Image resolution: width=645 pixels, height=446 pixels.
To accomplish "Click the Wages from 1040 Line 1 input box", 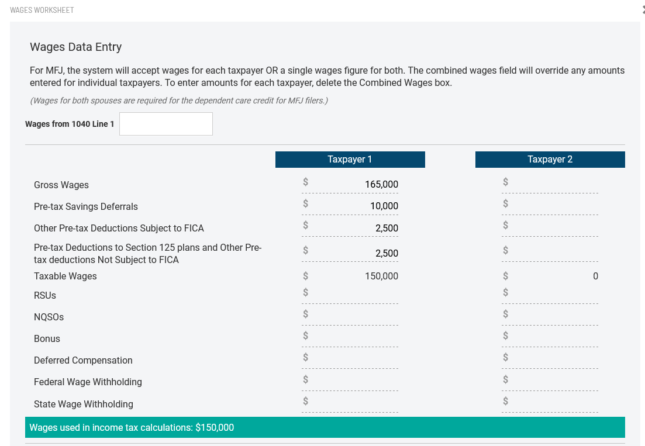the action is coord(166,124).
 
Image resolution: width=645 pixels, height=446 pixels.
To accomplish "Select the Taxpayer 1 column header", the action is coord(350,160).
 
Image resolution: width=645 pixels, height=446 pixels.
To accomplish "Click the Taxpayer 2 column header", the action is coord(550,160).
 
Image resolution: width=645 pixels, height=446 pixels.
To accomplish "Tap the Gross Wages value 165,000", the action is coord(381,185).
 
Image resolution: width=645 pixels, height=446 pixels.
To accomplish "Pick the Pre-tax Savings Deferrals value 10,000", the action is coord(384,206).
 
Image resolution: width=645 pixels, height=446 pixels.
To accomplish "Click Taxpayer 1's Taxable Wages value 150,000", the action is coord(381,276).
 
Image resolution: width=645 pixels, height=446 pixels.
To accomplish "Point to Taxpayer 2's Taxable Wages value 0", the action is coord(595,276).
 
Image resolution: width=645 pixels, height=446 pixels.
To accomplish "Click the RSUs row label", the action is coord(45,296).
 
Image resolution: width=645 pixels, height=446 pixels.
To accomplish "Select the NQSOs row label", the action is coord(49,317).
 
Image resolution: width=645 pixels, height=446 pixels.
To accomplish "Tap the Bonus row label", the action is coord(47,339).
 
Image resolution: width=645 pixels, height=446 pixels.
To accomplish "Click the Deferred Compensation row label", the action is coord(83,361).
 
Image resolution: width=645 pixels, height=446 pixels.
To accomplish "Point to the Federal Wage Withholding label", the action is coord(88,382).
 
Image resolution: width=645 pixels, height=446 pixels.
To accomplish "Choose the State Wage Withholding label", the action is coord(84,404).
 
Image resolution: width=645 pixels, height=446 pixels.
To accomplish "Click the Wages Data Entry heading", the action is coord(75,47).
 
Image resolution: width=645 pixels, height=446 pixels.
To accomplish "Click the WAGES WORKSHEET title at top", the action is coord(42,11).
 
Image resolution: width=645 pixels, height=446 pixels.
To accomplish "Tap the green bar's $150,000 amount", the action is coord(215,428).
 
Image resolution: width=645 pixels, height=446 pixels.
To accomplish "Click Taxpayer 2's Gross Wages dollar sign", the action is coord(506,182).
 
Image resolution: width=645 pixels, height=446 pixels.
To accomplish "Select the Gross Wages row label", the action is coord(61,185).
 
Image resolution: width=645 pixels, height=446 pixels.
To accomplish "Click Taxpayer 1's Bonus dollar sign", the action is coord(305,336).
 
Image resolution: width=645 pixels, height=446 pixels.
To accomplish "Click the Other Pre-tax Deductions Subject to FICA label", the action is coord(119,229).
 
